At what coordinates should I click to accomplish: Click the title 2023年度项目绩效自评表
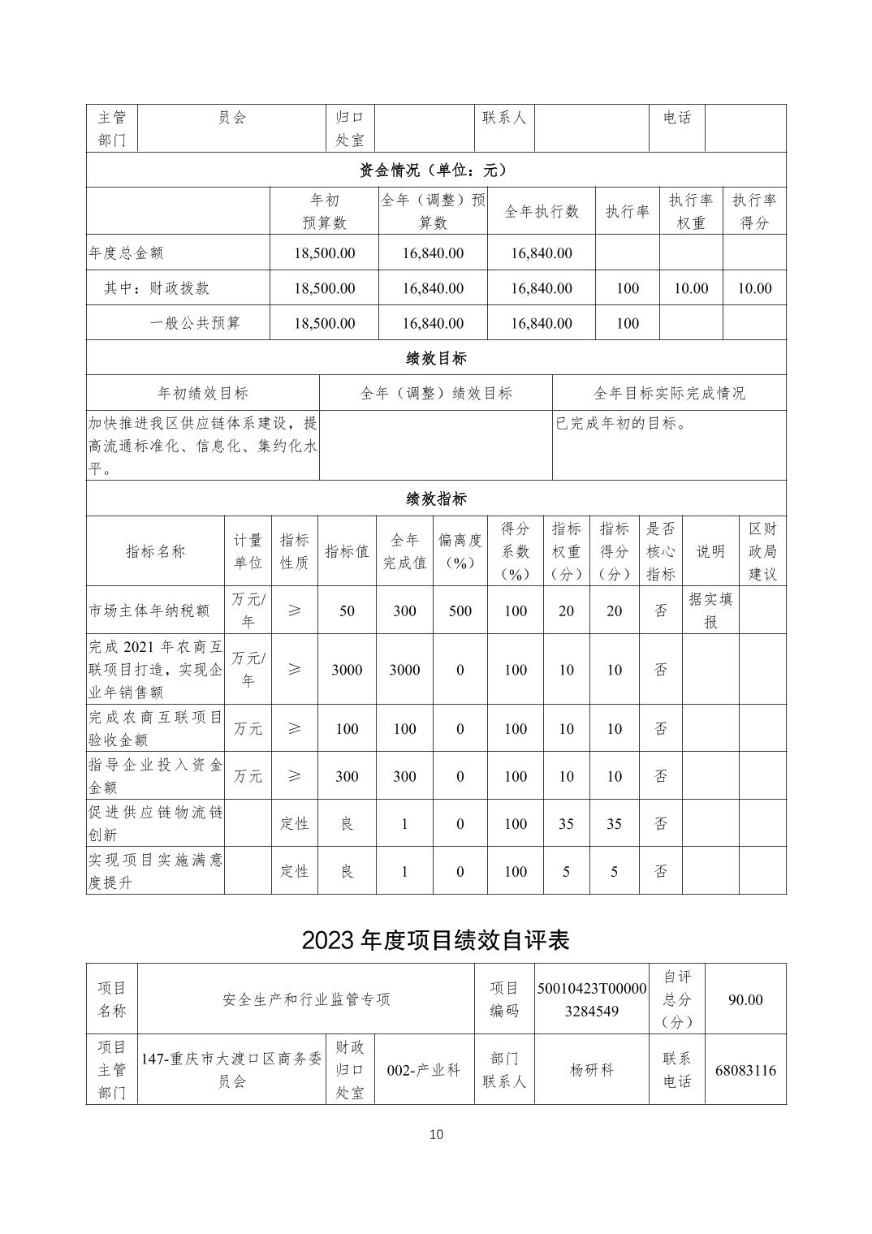pyautogui.click(x=435, y=939)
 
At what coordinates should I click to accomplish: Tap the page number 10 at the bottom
pyautogui.click(x=436, y=1134)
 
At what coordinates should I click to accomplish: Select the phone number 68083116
pyautogui.click(x=745, y=1070)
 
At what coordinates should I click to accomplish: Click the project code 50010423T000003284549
pyautogui.click(x=591, y=999)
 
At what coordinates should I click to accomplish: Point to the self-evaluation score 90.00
pyautogui.click(x=745, y=999)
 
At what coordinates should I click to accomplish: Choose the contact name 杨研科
pyautogui.click(x=591, y=1070)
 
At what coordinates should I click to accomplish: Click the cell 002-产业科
pyautogui.click(x=424, y=1070)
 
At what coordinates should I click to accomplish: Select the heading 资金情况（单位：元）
pyautogui.click(x=435, y=170)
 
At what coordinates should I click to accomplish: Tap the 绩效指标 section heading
pyautogui.click(x=435, y=498)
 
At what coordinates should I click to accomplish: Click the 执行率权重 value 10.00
pyautogui.click(x=690, y=288)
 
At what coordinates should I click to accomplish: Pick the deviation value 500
pyautogui.click(x=460, y=611)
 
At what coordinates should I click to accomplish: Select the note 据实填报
pyautogui.click(x=710, y=611)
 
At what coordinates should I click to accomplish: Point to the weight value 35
pyautogui.click(x=566, y=824)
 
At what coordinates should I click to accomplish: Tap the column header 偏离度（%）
pyautogui.click(x=460, y=551)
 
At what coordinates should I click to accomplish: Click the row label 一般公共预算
pyautogui.click(x=195, y=323)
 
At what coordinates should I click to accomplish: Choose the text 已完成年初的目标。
pyautogui.click(x=621, y=423)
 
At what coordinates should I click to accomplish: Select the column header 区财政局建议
pyautogui.click(x=762, y=551)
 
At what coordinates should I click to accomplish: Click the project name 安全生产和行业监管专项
pyautogui.click(x=306, y=999)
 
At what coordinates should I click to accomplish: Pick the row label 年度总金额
pyautogui.click(x=127, y=253)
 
